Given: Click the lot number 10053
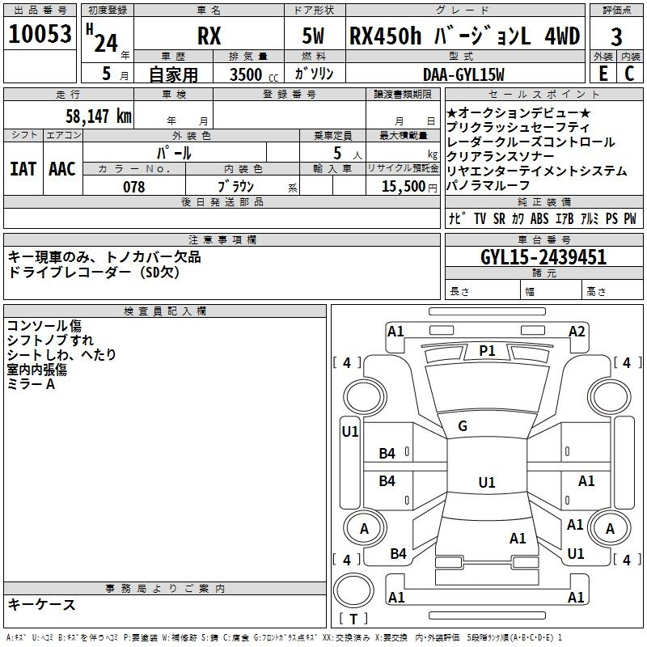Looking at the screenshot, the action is pos(40,34).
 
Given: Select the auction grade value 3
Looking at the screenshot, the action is pos(616,36).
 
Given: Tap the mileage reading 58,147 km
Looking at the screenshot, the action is pos(99,116).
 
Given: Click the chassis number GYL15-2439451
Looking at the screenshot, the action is pos(543,257).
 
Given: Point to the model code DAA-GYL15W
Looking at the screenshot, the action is pos(463,74).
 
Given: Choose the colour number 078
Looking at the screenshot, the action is pos(134,187).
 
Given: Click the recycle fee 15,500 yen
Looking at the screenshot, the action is pos(409,187).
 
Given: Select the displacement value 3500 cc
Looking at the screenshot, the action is pos(254,74).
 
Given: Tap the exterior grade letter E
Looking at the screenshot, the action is pos(603,74).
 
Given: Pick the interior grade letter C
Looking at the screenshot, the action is pos(629,74).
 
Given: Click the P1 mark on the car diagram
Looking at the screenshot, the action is pos(487,351).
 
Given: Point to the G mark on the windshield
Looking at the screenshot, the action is pos(463,426).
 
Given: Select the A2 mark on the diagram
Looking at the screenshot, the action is pos(577,332).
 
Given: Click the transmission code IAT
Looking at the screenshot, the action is pos(23,169).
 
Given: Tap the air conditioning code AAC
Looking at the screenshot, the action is pos(62,169).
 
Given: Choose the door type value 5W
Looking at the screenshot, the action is pos(313,36).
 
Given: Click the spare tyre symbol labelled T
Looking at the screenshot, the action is pos(353,619).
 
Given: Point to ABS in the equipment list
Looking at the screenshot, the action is pos(539,218).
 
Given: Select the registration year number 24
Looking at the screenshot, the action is pos(106,43).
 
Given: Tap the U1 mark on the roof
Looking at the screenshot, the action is pos(487,482).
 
